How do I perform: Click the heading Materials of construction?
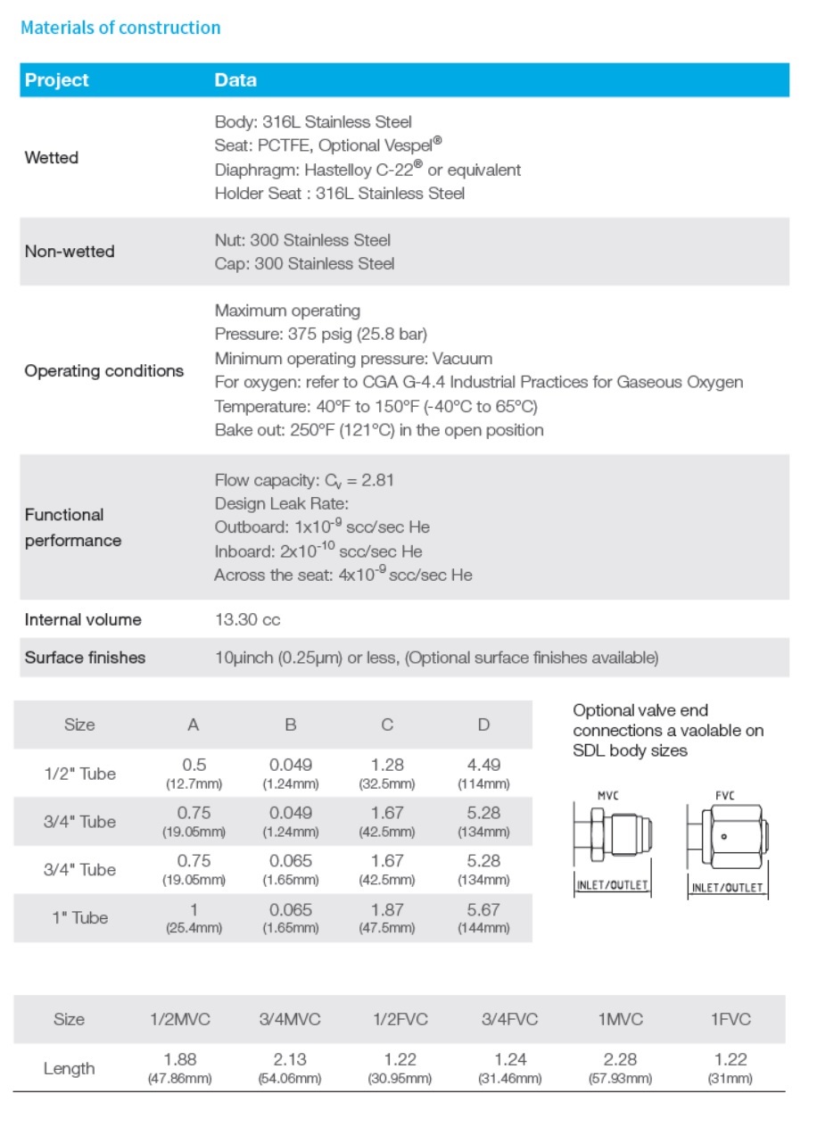click(120, 28)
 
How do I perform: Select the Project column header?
click(57, 80)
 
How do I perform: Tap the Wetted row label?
click(52, 158)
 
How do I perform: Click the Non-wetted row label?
click(70, 252)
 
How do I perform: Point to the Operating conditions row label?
click(104, 371)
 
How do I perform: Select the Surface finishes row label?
click(85, 658)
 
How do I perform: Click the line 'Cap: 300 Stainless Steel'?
click(304, 264)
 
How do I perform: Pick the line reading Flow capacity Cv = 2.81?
click(304, 480)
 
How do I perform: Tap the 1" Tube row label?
click(79, 918)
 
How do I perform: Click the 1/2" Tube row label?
click(79, 774)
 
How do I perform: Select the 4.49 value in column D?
click(483, 765)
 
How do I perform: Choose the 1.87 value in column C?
click(387, 909)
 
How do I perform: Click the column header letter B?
click(291, 725)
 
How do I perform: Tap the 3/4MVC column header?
click(290, 1019)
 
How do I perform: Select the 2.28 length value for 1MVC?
click(620, 1059)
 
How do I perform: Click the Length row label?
click(69, 1068)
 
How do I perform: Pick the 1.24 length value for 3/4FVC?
click(510, 1059)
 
